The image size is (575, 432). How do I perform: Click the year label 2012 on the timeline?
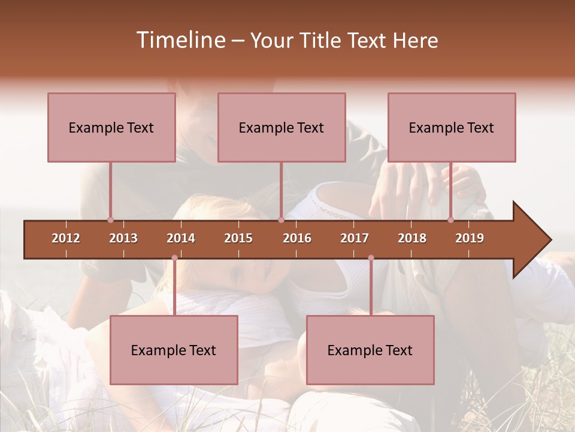[x=66, y=238]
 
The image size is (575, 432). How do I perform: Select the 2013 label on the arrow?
[x=123, y=238]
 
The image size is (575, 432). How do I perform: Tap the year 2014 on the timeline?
[x=181, y=238]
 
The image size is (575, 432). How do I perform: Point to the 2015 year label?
[x=238, y=238]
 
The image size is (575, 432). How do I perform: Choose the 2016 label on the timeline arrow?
[x=297, y=238]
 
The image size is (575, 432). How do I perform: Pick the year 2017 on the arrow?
[x=355, y=238]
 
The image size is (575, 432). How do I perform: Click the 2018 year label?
[x=412, y=238]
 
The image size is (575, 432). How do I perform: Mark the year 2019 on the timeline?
[x=470, y=238]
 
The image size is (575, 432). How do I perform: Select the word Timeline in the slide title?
[x=180, y=40]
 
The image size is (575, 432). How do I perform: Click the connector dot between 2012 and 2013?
[x=110, y=220]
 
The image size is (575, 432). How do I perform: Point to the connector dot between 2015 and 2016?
[x=281, y=220]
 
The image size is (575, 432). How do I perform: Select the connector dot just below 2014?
[x=174, y=258]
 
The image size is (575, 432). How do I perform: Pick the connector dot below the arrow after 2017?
[x=371, y=258]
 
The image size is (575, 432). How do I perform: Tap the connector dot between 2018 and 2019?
[x=451, y=220]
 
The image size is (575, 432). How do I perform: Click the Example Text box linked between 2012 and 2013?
[x=111, y=127]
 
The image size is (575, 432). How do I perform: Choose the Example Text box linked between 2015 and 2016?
[x=282, y=127]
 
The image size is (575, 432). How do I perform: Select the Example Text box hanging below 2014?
[x=174, y=350]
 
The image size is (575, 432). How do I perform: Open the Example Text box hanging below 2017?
[x=370, y=350]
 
